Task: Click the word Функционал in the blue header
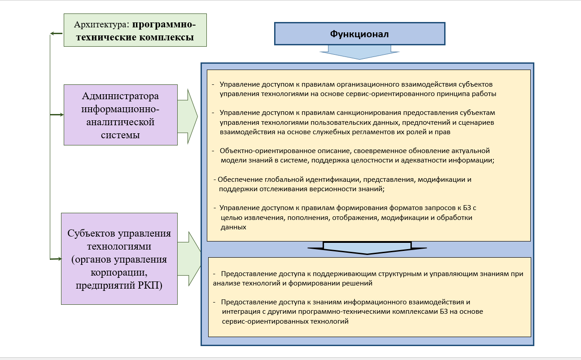pyautogui.click(x=359, y=34)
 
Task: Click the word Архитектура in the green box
pyautogui.click(x=101, y=25)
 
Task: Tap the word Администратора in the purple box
pyautogui.click(x=120, y=97)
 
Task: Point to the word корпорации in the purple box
pyautogui.click(x=119, y=272)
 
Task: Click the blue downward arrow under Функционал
pyautogui.click(x=359, y=52)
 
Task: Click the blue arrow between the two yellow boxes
pyautogui.click(x=367, y=248)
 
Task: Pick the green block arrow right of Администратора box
pyautogui.click(x=188, y=117)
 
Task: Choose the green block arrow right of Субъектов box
pyautogui.click(x=189, y=259)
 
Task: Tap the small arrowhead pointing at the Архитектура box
pyautogui.click(x=52, y=34)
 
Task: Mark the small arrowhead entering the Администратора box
pyautogui.click(x=61, y=115)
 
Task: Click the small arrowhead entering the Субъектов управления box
pyautogui.click(x=59, y=259)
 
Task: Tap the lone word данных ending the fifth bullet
pyautogui.click(x=233, y=228)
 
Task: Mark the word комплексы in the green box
pyautogui.click(x=166, y=37)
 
